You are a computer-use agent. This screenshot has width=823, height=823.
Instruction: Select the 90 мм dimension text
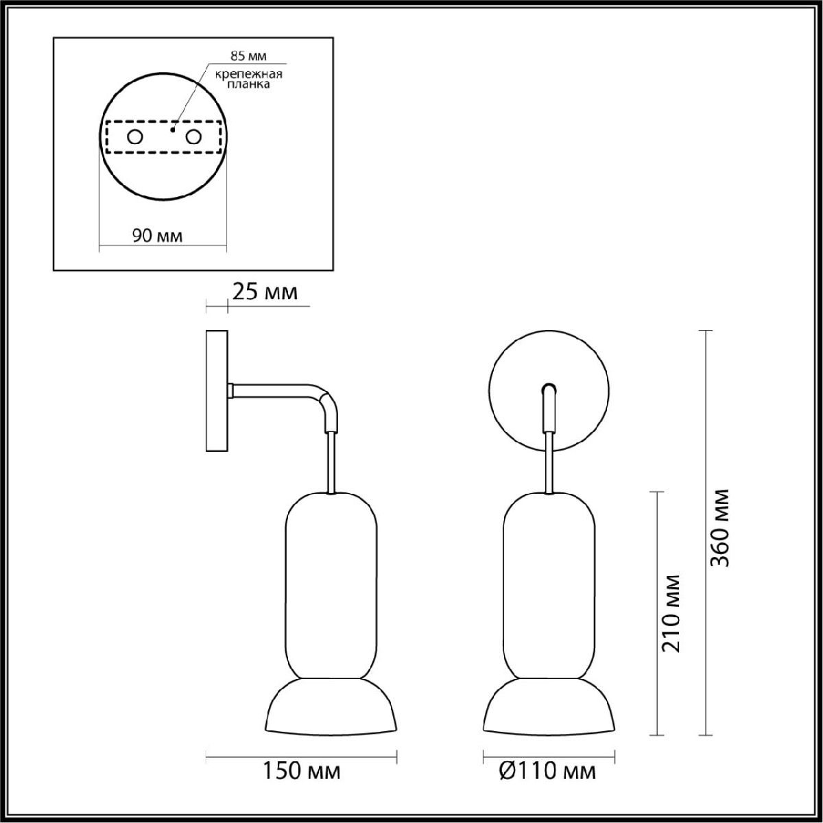[157, 236]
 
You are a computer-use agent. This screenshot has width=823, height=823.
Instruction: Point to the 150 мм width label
[302, 772]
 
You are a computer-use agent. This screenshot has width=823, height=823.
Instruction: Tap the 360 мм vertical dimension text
[719, 527]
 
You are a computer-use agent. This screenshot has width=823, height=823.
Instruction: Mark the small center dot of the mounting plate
[174, 128]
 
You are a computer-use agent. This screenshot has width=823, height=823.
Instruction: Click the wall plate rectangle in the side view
[217, 391]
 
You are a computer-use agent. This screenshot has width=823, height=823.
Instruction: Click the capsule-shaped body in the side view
[331, 583]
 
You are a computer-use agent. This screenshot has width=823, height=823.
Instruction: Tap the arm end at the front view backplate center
[549, 391]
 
